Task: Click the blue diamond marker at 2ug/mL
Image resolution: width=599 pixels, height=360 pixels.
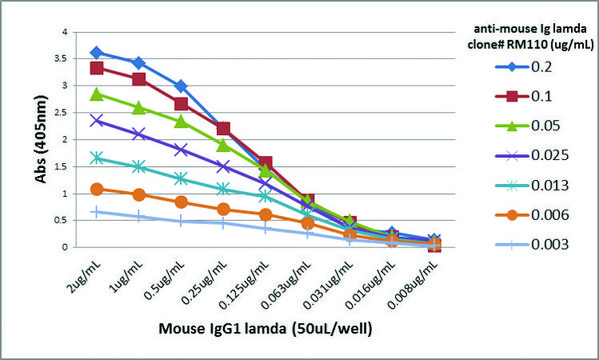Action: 96,52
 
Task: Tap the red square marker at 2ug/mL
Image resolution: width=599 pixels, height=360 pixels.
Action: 96,68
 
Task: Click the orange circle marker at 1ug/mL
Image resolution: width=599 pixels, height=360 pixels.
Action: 138,194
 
